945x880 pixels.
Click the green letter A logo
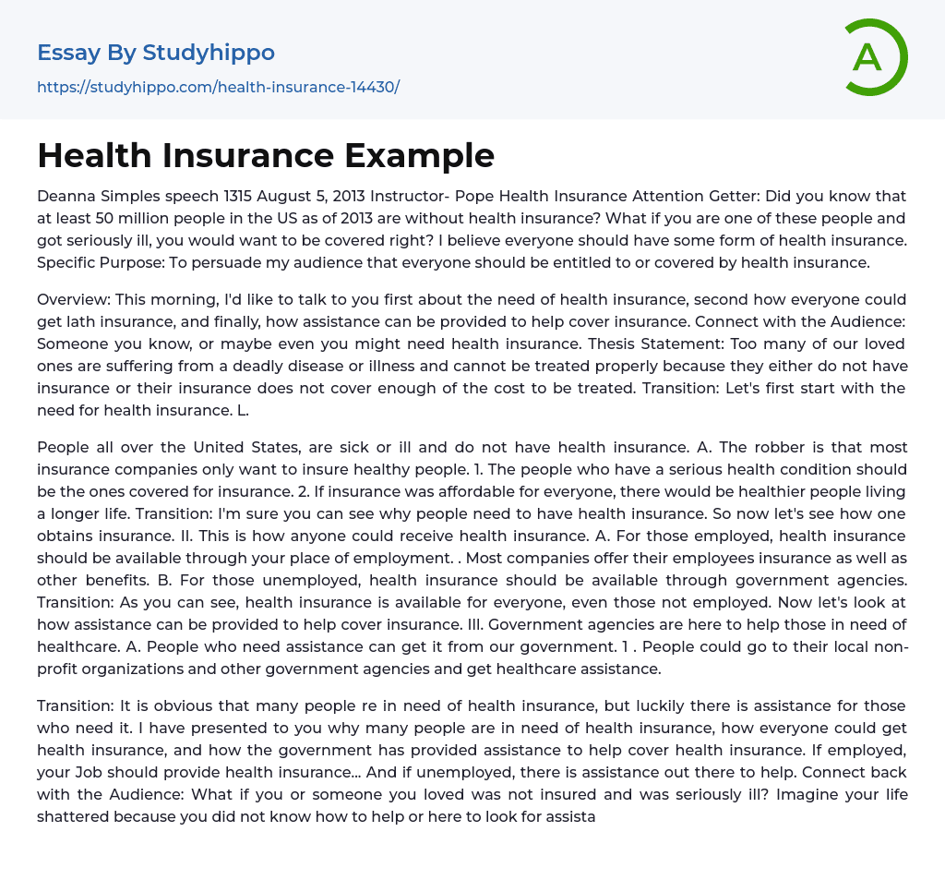click(x=875, y=57)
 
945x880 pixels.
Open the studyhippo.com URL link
click(x=218, y=87)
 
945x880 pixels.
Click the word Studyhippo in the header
click(x=209, y=53)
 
